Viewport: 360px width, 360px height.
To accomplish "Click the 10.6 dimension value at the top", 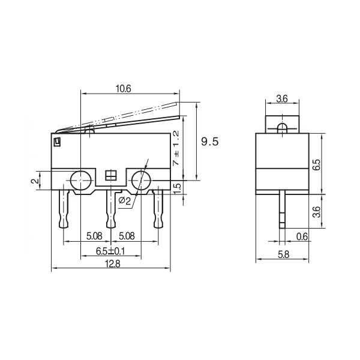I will (123, 89).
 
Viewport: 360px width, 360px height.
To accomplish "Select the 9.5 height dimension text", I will (209, 142).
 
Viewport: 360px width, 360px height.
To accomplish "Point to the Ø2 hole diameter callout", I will (125, 200).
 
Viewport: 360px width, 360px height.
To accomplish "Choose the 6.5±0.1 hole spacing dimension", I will (109, 251).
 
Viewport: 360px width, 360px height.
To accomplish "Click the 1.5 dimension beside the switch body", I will (176, 187).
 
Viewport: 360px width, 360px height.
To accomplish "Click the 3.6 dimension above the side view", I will (282, 99).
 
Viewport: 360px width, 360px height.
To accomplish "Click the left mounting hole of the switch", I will (80, 179).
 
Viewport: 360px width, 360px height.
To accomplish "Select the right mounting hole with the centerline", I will (140, 179).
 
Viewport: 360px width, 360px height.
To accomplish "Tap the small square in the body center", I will (110, 176).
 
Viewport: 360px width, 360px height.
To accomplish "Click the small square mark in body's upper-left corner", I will (58, 142).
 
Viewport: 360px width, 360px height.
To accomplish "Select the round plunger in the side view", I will (282, 127).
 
